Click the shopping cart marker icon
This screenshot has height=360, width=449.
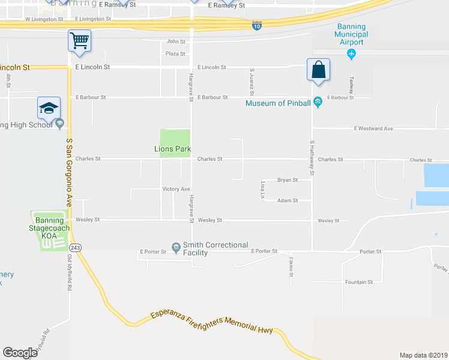click(x=79, y=41)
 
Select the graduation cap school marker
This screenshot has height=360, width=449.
click(x=49, y=107)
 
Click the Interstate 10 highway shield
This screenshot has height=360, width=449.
click(x=257, y=26)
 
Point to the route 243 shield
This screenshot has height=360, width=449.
click(x=75, y=247)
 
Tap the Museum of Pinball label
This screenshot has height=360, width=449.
click(x=279, y=103)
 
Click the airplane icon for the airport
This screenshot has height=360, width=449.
click(x=352, y=55)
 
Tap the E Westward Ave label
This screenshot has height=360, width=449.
click(x=373, y=128)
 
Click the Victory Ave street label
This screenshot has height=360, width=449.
click(x=176, y=189)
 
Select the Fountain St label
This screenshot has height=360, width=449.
click(x=359, y=281)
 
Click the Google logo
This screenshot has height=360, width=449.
click(x=20, y=352)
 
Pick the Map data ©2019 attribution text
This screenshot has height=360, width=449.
click(x=423, y=355)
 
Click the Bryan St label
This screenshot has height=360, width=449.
click(x=288, y=180)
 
